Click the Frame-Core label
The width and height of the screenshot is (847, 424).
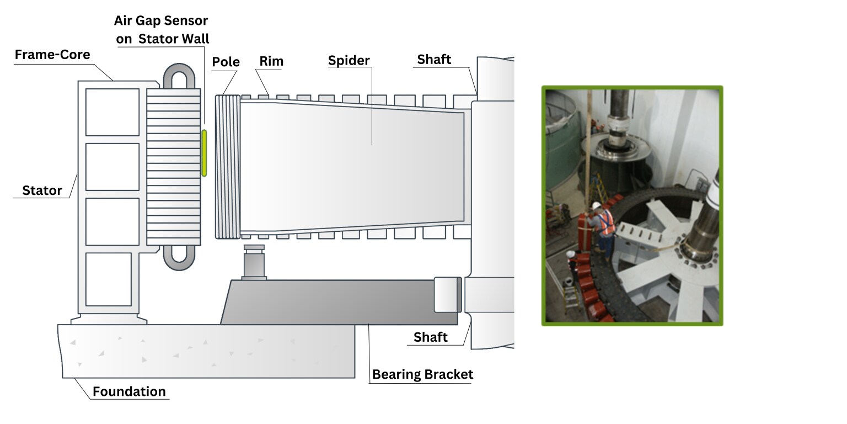tap(52, 55)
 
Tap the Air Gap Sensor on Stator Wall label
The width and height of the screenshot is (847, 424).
tap(162, 30)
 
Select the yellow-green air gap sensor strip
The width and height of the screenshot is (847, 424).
tap(204, 153)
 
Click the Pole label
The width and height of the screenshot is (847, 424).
tap(226, 62)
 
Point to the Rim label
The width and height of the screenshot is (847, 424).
tap(271, 61)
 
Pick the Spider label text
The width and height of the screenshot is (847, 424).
tap(349, 60)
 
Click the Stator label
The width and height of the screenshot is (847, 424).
tap(42, 191)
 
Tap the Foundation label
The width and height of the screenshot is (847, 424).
tap(129, 391)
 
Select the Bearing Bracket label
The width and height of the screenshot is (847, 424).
tap(422, 375)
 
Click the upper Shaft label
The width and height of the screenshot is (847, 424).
tap(434, 60)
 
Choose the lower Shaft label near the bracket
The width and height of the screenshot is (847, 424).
tap(430, 337)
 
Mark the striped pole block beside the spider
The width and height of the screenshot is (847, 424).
tap(227, 167)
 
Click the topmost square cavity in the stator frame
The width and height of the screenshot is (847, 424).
tap(112, 112)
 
